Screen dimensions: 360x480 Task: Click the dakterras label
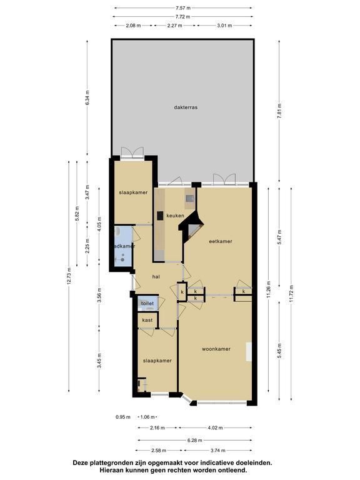point(186,107)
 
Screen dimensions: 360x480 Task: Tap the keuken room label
point(175,216)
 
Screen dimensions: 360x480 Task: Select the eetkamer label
point(221,241)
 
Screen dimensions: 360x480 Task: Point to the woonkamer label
point(216,349)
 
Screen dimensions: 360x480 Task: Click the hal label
point(156,277)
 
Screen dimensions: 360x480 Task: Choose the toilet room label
point(147,303)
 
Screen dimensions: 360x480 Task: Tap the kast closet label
point(147,320)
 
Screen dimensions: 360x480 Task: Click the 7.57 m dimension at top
point(182,7)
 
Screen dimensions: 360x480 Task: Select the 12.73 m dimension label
point(69,276)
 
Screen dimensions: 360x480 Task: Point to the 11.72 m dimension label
point(291,294)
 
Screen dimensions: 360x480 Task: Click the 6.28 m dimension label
point(195,440)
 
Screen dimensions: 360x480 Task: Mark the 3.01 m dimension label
point(224,26)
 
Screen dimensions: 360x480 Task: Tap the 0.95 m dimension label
point(122,417)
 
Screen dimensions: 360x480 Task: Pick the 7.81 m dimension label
point(279,111)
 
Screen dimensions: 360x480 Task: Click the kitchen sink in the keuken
point(189,198)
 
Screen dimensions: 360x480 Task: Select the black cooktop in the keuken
point(160,216)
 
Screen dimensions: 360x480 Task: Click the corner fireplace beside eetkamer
point(192,226)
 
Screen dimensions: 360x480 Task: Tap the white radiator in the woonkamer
point(249,351)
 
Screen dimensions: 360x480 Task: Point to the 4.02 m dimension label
point(215,427)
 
